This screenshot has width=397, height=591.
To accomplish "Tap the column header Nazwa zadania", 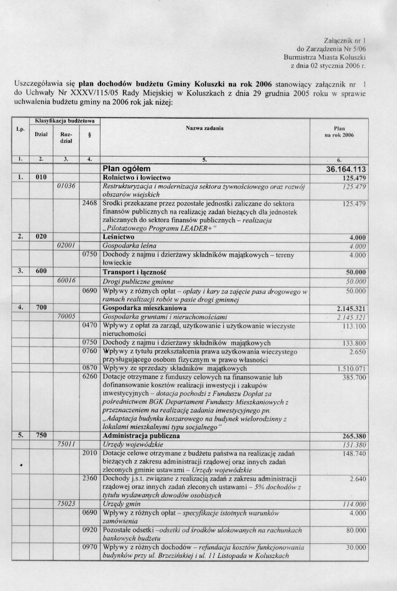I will [205, 128].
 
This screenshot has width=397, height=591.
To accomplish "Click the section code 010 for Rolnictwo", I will [41, 178].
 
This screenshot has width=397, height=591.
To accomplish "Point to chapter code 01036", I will [66, 186].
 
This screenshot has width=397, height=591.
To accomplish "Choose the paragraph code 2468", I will [89, 203].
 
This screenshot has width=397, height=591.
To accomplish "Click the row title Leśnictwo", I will [118, 237].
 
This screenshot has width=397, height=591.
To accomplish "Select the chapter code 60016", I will [66, 281].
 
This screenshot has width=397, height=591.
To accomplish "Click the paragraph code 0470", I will [89, 326].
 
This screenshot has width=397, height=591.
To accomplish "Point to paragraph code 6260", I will [89, 377].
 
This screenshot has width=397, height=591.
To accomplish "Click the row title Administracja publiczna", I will [141, 436].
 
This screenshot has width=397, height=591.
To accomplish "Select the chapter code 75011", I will [66, 445].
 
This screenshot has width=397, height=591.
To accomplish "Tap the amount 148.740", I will [355, 454].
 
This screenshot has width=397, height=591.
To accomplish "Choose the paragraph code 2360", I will [89, 478].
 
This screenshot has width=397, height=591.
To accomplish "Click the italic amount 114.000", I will [354, 504].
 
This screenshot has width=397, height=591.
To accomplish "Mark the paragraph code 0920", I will [89, 530].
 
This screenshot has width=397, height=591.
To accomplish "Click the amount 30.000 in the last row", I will [356, 547].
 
